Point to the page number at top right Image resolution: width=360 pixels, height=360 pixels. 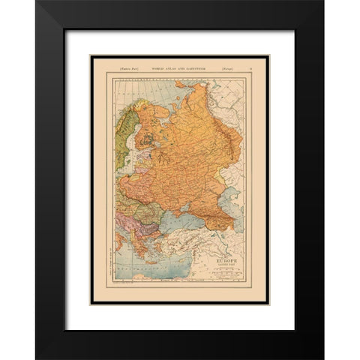250,68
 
